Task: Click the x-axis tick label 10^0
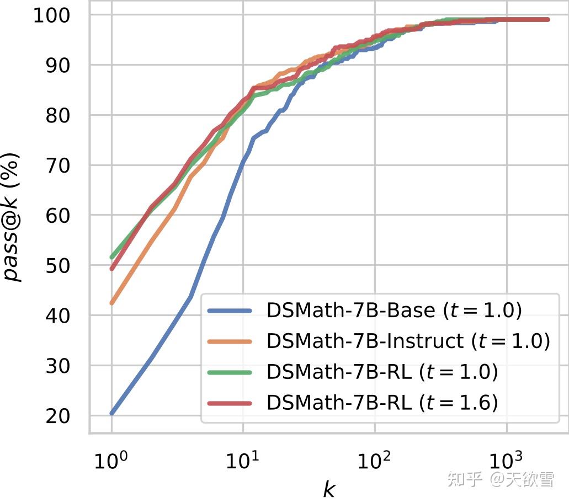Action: (x=111, y=460)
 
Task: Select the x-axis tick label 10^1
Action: (x=242, y=460)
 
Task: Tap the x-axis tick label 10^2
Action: (x=374, y=460)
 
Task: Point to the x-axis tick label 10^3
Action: (x=506, y=460)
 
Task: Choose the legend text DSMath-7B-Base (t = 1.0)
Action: (x=393, y=311)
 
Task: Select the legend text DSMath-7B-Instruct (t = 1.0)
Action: (x=408, y=341)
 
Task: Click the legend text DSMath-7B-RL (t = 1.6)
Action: (x=382, y=403)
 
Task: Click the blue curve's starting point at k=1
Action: (x=112, y=413)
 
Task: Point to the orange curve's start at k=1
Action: (x=112, y=303)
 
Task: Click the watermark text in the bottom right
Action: (x=500, y=479)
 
